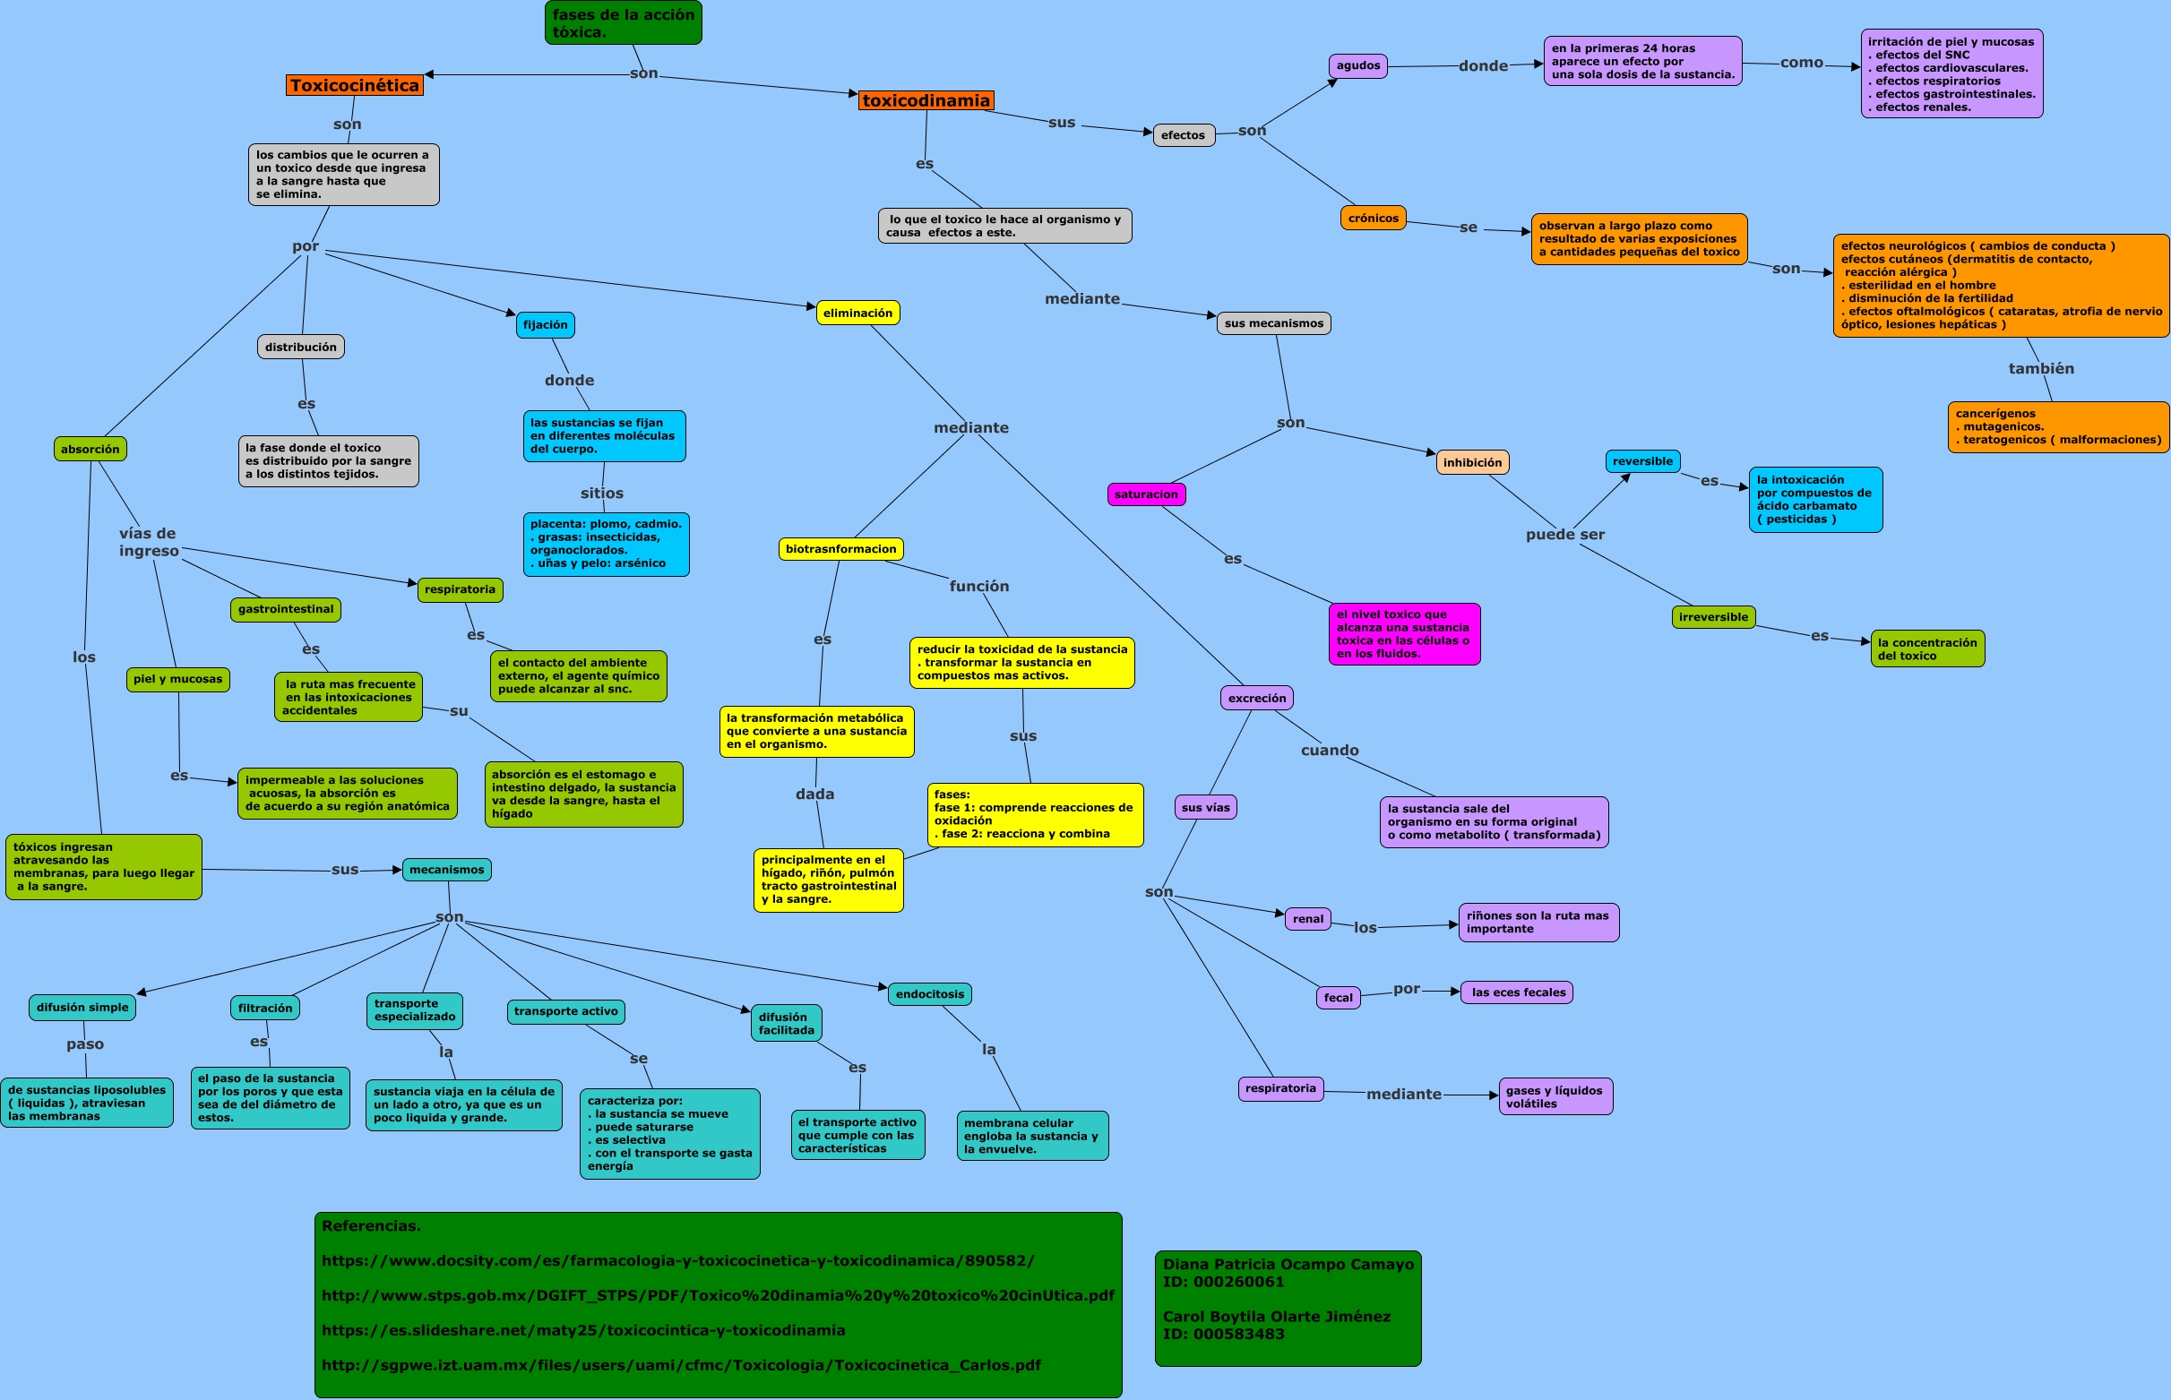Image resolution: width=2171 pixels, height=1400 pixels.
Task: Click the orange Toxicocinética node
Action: (355, 85)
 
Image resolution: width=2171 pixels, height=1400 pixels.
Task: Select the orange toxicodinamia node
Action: (926, 100)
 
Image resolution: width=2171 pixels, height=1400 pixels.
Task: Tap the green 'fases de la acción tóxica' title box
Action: (623, 22)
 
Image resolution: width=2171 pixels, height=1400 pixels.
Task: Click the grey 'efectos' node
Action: (1183, 135)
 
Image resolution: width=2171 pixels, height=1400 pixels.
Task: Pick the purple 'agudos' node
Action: (1357, 65)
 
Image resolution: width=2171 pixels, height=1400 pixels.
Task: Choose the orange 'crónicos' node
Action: (1373, 219)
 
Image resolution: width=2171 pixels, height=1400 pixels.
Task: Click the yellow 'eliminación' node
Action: (857, 313)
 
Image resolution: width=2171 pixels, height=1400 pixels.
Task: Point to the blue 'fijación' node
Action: (545, 324)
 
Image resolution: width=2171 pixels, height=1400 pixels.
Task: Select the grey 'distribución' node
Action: (300, 347)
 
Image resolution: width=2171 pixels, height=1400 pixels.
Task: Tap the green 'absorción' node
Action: (90, 449)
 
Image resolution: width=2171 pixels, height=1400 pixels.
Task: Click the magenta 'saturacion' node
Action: (1145, 494)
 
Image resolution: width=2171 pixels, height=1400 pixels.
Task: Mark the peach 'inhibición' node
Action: (1472, 462)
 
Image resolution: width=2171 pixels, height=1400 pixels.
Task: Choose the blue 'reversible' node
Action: (1641, 461)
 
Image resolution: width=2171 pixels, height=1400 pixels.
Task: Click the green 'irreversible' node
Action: (1713, 616)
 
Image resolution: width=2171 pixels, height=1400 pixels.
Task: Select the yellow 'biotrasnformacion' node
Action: (840, 549)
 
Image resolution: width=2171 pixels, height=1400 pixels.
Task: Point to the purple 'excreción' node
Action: (1256, 698)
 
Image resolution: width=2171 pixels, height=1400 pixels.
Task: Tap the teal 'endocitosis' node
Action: (929, 993)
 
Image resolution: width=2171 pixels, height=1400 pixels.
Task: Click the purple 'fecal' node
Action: (1338, 997)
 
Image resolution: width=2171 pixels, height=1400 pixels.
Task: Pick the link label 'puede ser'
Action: (1564, 535)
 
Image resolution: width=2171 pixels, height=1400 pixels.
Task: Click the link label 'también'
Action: (2041, 368)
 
